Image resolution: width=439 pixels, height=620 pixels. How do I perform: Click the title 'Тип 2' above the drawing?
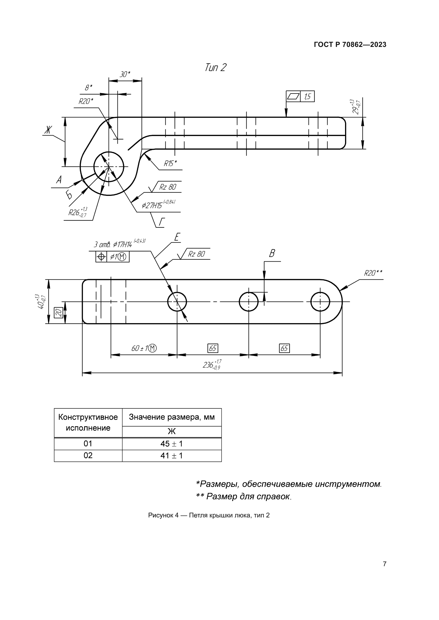[215, 67]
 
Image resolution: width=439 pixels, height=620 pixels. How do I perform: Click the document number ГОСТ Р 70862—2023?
[350, 45]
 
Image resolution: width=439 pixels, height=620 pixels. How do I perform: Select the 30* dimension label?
[125, 74]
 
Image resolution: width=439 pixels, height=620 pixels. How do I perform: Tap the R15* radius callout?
[170, 164]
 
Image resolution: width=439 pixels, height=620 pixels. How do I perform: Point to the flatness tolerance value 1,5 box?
[307, 97]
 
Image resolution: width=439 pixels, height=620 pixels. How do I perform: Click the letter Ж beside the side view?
[48, 130]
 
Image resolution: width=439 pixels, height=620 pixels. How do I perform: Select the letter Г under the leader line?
[161, 222]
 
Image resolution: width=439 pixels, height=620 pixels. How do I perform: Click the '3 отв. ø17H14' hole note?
[113, 245]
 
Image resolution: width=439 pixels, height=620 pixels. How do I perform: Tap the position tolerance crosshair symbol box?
[101, 257]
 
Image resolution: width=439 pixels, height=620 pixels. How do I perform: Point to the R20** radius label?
[373, 273]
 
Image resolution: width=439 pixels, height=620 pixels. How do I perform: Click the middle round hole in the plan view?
[248, 302]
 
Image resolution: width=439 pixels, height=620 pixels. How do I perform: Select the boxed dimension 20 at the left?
[59, 313]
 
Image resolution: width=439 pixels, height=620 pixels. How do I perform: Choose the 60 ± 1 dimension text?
[144, 348]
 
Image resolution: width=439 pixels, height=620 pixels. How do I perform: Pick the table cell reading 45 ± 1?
[171, 444]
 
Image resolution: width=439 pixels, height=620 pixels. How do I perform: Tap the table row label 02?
[88, 456]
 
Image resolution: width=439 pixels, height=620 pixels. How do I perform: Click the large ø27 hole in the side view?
[109, 167]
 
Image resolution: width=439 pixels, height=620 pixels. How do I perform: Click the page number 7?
[384, 564]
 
